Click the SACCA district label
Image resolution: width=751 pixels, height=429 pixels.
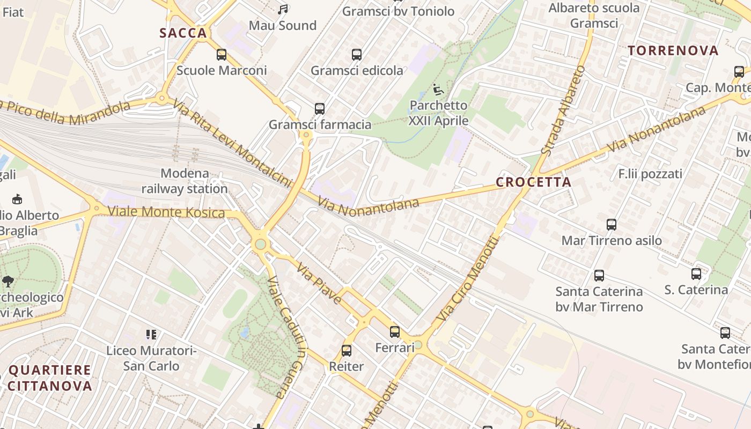click(x=183, y=33)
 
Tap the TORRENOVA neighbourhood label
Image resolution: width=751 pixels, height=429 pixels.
click(x=673, y=51)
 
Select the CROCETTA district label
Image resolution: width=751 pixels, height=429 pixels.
click(x=533, y=182)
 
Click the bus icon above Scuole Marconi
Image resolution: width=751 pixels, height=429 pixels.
click(x=221, y=55)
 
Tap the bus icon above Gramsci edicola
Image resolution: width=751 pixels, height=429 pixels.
click(x=357, y=55)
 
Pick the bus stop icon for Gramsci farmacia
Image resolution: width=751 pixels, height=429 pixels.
click(x=320, y=109)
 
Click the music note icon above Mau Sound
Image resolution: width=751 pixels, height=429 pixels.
click(x=283, y=10)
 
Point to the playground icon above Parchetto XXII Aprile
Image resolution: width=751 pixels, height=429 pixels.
click(x=438, y=89)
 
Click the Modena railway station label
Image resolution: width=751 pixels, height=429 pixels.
click(x=185, y=181)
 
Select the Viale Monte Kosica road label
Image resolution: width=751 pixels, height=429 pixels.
click(x=166, y=212)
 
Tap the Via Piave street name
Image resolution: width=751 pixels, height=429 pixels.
click(x=319, y=284)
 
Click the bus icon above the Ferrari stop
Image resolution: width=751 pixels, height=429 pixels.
click(x=395, y=332)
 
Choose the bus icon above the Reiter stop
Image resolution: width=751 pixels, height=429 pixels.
click(x=347, y=351)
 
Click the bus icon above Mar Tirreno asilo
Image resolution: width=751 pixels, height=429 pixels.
click(x=612, y=225)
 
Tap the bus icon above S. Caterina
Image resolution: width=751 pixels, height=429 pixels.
click(x=696, y=274)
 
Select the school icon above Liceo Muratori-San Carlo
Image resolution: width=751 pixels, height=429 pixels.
click(x=151, y=335)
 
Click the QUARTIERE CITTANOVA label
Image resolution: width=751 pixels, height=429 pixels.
click(x=50, y=378)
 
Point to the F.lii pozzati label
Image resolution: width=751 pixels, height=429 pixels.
click(x=650, y=174)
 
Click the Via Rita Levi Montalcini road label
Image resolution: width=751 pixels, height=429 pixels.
click(x=232, y=145)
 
